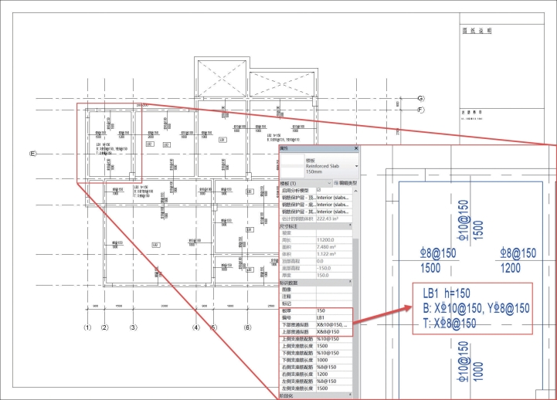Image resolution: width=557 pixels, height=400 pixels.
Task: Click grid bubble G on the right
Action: point(421,98)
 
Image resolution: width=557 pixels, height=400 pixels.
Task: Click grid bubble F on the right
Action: point(421,110)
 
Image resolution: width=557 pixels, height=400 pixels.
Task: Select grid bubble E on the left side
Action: point(32,154)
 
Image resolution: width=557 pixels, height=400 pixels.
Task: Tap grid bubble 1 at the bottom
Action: point(88,327)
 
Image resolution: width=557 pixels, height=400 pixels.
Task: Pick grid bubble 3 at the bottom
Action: point(133,327)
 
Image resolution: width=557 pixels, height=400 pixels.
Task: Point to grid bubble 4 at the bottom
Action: point(196,327)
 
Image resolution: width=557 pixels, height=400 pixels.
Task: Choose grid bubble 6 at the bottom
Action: point(248,327)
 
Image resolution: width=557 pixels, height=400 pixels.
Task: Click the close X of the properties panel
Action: point(356,148)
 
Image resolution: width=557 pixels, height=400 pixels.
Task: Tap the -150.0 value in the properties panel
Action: point(326,268)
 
